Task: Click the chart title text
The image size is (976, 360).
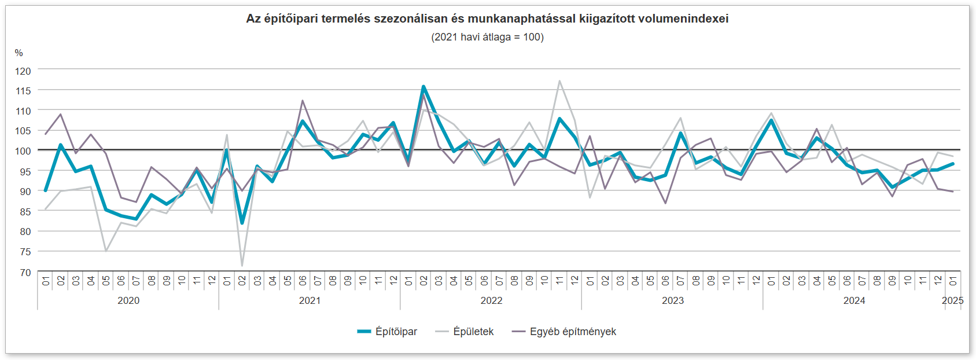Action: [487, 19]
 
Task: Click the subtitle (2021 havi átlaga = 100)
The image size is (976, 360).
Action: [487, 37]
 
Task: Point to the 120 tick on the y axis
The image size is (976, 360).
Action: [23, 71]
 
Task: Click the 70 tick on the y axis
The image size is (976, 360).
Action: [25, 272]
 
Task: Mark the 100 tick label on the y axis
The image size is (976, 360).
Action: [23, 151]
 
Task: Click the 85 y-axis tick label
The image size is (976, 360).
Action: [25, 212]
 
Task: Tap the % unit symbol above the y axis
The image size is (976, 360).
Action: [19, 53]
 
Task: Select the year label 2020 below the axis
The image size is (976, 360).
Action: [128, 300]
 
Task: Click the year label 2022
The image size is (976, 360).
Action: [491, 300]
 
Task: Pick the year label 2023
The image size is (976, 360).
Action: [673, 300]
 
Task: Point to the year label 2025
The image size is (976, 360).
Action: [952, 300]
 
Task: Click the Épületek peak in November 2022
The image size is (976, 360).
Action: [559, 81]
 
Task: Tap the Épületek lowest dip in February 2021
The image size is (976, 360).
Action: [242, 266]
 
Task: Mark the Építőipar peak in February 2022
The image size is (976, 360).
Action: [423, 87]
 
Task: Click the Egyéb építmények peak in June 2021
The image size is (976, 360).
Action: [303, 101]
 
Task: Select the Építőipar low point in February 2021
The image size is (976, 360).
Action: [242, 223]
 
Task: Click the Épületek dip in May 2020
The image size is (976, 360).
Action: [106, 251]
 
